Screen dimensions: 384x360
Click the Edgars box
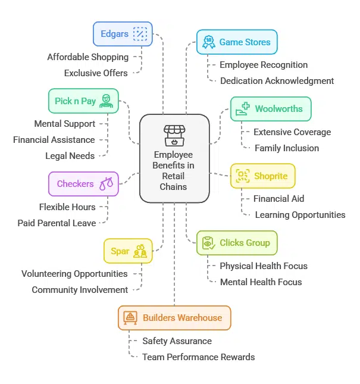(x=123, y=34)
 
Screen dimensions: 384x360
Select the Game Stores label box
(x=237, y=42)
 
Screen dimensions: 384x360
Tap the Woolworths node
(x=270, y=109)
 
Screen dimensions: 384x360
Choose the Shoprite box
(x=262, y=176)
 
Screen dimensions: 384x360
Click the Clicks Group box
(x=236, y=243)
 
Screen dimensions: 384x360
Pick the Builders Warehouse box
(x=174, y=318)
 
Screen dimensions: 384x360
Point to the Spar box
(x=127, y=251)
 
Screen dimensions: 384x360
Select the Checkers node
(x=83, y=184)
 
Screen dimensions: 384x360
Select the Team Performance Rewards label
(x=198, y=357)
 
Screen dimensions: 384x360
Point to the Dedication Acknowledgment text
(x=277, y=81)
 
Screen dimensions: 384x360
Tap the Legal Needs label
(x=70, y=156)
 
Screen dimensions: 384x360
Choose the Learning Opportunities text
(x=300, y=215)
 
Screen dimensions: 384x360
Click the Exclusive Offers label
(x=96, y=73)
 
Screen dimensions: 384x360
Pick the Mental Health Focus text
(x=261, y=282)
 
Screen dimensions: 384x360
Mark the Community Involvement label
(x=80, y=290)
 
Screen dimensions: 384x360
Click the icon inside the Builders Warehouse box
(x=130, y=318)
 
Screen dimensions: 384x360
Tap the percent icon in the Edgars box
(x=140, y=34)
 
